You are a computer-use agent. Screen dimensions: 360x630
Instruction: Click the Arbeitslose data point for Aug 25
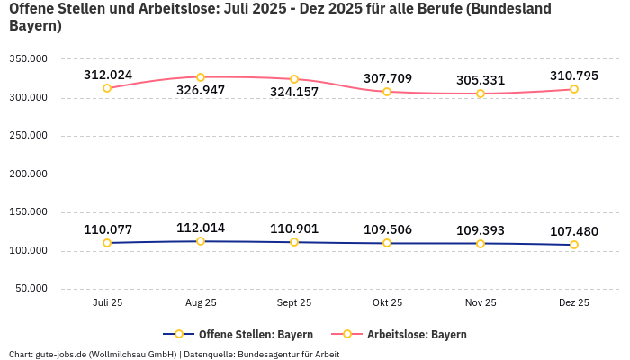[201, 77]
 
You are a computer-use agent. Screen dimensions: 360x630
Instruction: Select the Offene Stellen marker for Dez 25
[573, 245]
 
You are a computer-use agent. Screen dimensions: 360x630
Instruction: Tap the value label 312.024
[108, 75]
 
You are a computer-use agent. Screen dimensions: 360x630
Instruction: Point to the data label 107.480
[573, 231]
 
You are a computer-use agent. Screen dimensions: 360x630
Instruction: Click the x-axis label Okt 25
[387, 303]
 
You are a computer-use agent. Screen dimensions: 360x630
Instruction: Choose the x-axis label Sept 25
[294, 303]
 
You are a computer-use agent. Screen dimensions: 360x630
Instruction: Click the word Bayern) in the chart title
[35, 25]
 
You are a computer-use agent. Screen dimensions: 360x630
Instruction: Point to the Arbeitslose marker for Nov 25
[481, 94]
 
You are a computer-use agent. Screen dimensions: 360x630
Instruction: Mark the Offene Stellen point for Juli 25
[107, 243]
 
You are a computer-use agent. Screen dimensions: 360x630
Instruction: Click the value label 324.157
[294, 92]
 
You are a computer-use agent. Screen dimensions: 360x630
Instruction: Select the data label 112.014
[201, 228]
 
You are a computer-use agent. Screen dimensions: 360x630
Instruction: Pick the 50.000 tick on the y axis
[31, 289]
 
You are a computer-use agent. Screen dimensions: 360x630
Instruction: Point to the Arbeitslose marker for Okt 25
[387, 92]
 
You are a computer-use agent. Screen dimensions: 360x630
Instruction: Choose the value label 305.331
[481, 80]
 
